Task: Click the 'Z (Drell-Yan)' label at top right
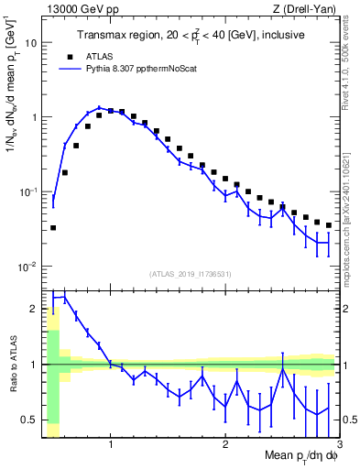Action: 306,10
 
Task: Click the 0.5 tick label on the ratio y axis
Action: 31,420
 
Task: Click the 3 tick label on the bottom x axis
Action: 339,446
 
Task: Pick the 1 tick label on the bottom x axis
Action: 111,446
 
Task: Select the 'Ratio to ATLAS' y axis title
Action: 12,365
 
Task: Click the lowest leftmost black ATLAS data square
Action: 53,227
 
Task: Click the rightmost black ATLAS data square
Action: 329,225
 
